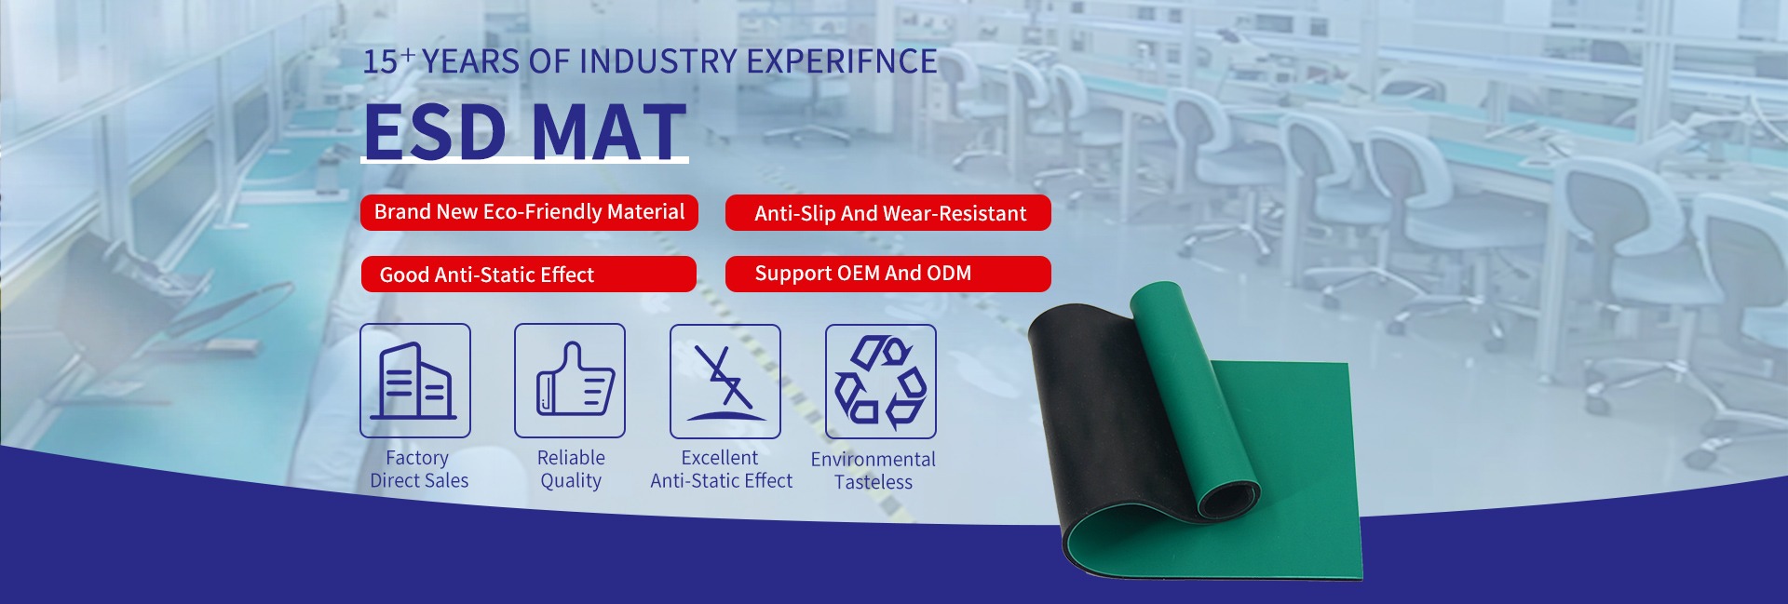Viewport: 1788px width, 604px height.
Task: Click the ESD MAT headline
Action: coord(525,131)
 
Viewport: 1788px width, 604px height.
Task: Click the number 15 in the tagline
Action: coord(380,62)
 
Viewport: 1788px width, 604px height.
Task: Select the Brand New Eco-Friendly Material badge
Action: coord(529,212)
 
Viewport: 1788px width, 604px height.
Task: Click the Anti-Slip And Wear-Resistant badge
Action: coord(888,213)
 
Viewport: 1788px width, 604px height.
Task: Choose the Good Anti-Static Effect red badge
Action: coord(528,275)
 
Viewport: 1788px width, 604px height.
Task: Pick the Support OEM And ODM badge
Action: coord(888,274)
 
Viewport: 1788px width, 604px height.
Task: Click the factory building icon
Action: coord(415,381)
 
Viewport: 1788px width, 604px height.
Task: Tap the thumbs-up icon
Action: coord(570,381)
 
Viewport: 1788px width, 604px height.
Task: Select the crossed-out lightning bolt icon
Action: coord(725,382)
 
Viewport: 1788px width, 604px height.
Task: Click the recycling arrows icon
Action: coord(881,382)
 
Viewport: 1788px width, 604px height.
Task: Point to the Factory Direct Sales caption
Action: coord(419,469)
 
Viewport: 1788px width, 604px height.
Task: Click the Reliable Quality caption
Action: coord(571,469)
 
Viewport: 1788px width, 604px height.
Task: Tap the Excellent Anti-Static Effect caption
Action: coord(722,469)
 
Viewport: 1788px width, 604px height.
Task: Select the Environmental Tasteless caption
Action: coord(874,471)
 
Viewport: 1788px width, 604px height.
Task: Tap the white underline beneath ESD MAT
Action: coord(524,161)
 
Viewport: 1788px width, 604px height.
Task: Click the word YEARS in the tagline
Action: coord(471,61)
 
